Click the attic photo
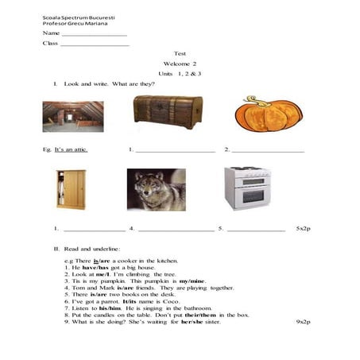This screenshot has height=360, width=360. [72, 117]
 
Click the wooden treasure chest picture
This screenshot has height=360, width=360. [168, 113]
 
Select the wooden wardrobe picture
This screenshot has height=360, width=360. [71, 189]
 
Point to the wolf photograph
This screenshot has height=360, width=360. [156, 190]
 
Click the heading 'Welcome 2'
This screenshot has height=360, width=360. [180, 63]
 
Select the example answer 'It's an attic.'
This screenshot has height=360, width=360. [72, 149]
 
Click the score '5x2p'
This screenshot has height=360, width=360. [303, 228]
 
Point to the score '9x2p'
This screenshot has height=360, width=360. [303, 322]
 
